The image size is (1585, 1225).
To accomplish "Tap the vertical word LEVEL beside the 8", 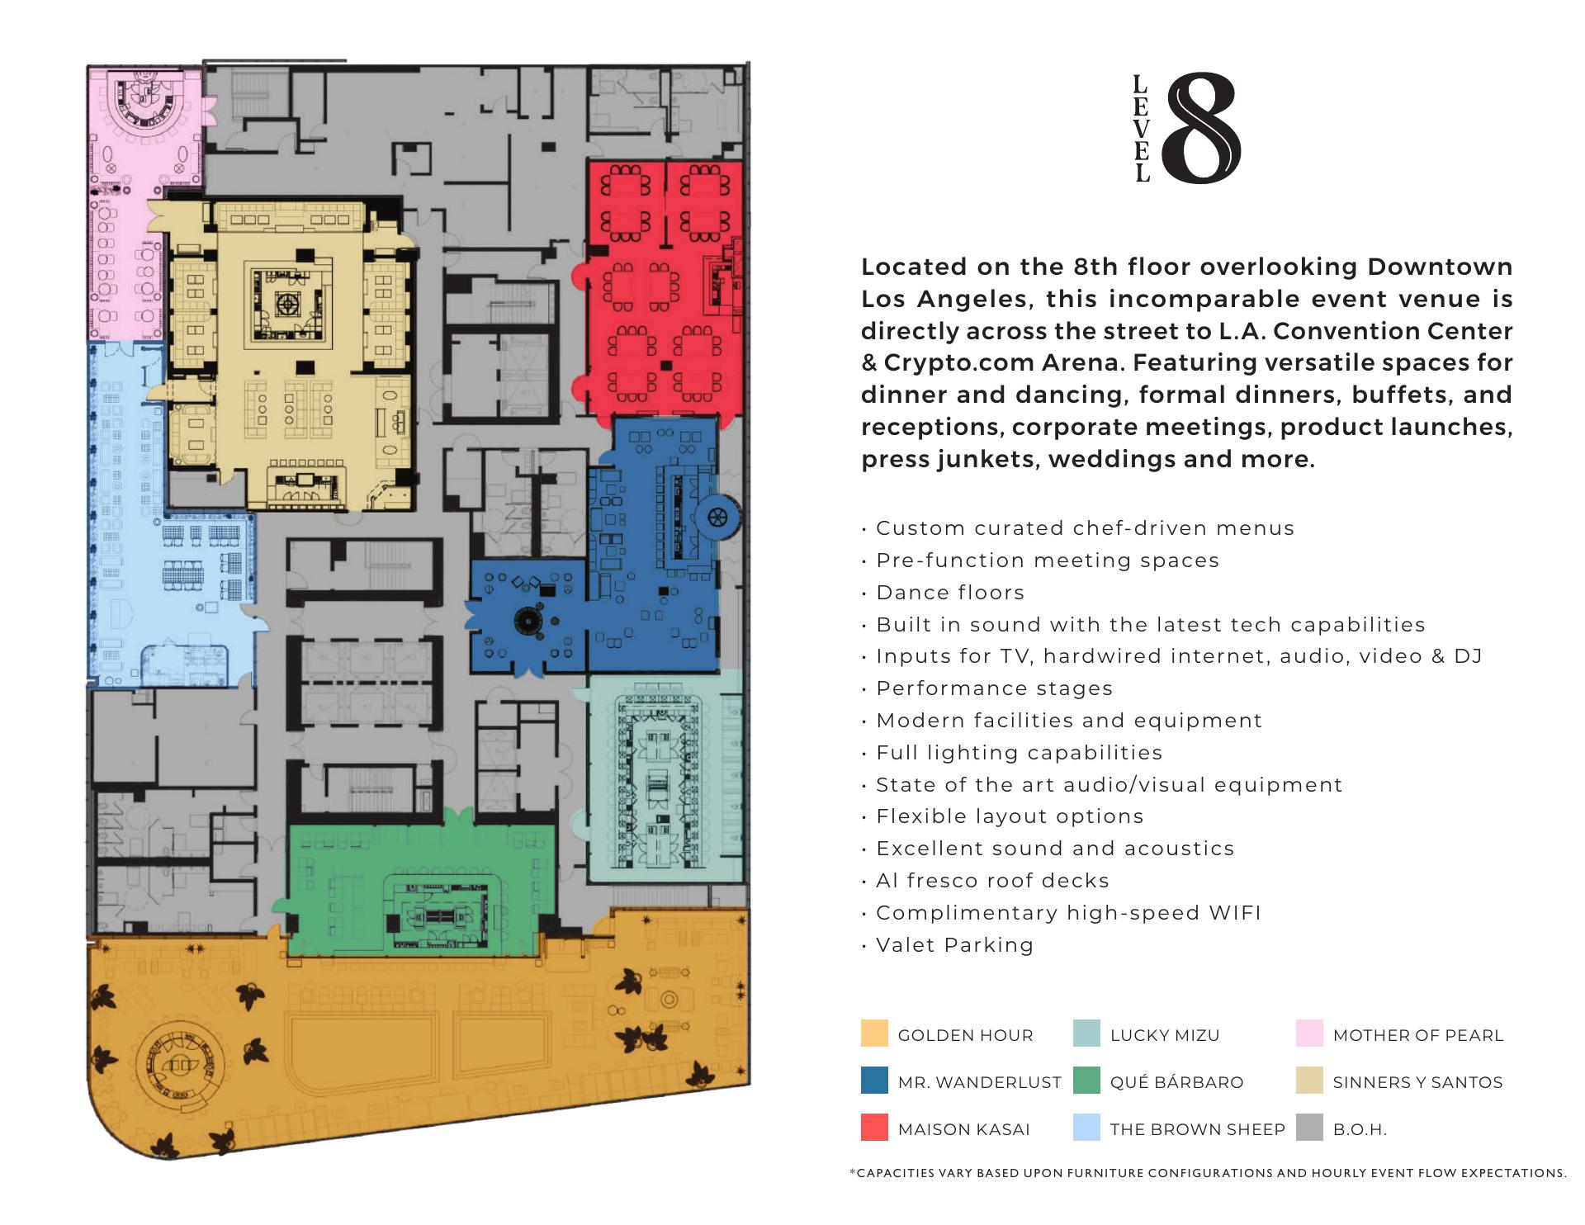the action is [x=1142, y=128].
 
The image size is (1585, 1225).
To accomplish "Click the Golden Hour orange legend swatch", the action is [x=874, y=1033].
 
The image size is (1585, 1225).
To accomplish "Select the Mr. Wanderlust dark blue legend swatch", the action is [x=874, y=1081].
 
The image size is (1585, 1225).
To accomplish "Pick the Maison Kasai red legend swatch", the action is [x=874, y=1128].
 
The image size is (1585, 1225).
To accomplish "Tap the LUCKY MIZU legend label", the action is [x=1165, y=1035].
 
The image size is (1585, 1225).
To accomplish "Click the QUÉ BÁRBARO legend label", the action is [x=1176, y=1082].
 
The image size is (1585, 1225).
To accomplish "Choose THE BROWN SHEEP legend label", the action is [x=1198, y=1129].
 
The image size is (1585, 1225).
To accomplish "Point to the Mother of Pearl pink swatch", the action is [x=1309, y=1033].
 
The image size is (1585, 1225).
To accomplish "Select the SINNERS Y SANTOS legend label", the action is [x=1417, y=1082].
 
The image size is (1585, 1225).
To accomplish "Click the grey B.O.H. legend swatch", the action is [x=1309, y=1128].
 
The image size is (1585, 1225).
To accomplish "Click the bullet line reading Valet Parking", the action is [x=948, y=945].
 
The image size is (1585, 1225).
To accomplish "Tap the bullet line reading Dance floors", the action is [x=943, y=593].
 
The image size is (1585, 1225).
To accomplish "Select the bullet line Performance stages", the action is [x=987, y=688].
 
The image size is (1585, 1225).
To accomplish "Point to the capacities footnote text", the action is [x=1208, y=1173].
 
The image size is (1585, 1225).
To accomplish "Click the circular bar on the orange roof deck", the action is [x=180, y=1065].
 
